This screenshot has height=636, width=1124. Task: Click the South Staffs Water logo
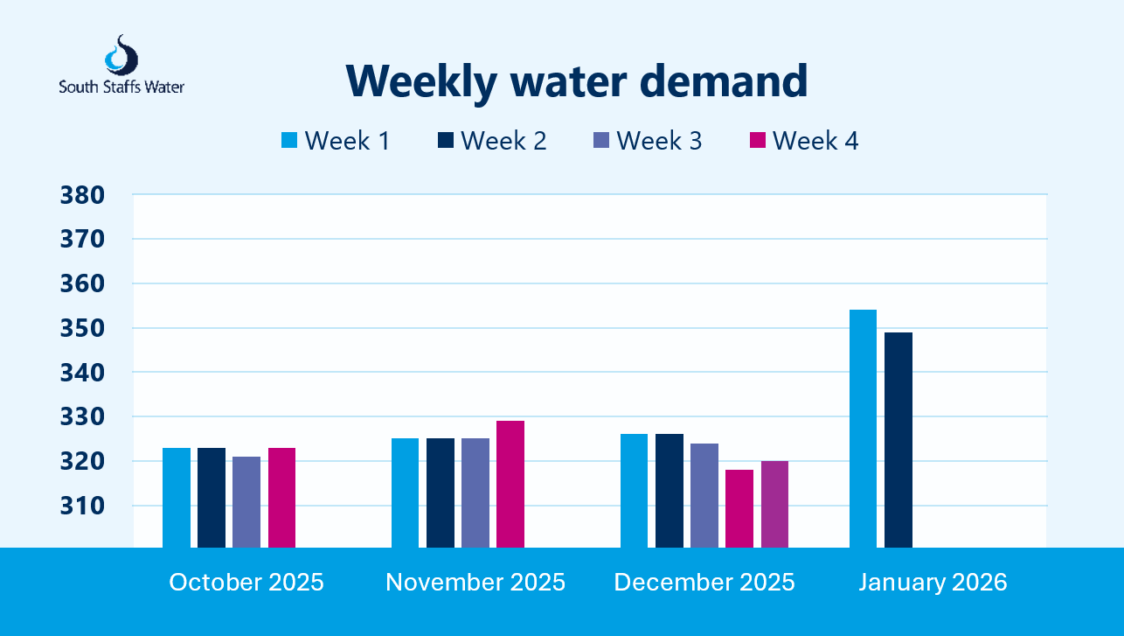pyautogui.click(x=121, y=66)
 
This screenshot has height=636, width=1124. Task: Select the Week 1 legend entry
pyautogui.click(x=336, y=141)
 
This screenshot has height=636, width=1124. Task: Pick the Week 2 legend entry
pyautogui.click(x=491, y=141)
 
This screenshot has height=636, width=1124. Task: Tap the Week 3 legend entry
pyautogui.click(x=647, y=141)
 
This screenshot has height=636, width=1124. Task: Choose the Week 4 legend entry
pyautogui.click(x=803, y=141)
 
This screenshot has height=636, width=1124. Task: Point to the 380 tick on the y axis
pyautogui.click(x=82, y=195)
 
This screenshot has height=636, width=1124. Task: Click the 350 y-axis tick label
pyautogui.click(x=82, y=328)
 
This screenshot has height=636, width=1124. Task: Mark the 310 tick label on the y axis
pyautogui.click(x=82, y=506)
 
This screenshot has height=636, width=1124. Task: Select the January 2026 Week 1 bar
pyautogui.click(x=863, y=429)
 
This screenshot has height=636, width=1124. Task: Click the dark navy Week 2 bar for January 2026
pyautogui.click(x=898, y=440)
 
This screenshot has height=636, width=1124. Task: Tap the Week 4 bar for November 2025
pyautogui.click(x=510, y=484)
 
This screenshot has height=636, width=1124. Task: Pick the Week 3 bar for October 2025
pyautogui.click(x=246, y=501)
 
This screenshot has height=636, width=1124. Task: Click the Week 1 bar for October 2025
pyautogui.click(x=177, y=497)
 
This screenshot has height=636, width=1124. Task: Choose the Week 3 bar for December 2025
pyautogui.click(x=704, y=495)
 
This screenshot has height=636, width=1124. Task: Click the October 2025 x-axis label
pyautogui.click(x=246, y=583)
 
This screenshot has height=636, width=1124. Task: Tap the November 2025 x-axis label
pyautogui.click(x=475, y=583)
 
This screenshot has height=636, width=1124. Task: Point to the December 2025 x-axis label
pyautogui.click(x=704, y=583)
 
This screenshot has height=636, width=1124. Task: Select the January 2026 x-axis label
pyautogui.click(x=933, y=583)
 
